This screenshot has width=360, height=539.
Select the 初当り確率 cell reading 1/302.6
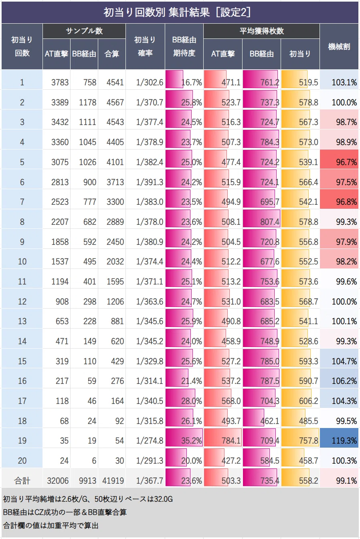150,83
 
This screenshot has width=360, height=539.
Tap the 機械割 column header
339,46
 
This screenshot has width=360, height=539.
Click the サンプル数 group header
84,31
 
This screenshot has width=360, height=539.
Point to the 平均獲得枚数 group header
261,31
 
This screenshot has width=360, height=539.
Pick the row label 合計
22,481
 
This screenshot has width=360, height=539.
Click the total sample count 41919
113,481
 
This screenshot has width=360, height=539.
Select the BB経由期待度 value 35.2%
192,440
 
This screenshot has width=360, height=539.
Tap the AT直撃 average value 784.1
231,440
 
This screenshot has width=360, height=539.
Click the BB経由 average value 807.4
270,222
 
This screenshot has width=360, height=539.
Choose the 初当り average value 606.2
309,401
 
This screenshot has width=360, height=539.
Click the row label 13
22,321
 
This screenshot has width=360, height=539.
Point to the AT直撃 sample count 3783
60,83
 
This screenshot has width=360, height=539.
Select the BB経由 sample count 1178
87,103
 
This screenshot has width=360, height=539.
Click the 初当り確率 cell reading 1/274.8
150,440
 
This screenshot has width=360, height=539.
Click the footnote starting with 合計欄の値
51,525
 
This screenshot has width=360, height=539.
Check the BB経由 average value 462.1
270,421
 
